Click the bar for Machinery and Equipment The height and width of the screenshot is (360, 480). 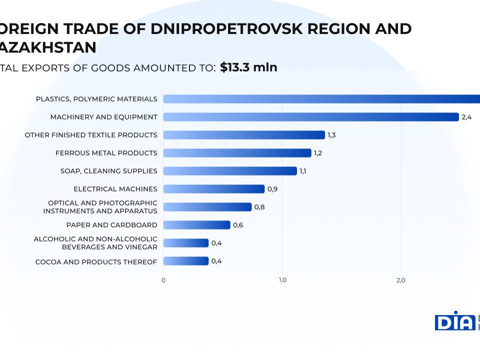coord(310,117)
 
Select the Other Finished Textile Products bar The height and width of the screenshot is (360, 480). coord(244,135)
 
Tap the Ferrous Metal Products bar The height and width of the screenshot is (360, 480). coord(237,153)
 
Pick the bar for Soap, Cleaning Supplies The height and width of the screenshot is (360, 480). coord(230,171)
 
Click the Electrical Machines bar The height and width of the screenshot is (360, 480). coord(213,189)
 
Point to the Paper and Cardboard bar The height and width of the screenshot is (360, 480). coord(196,225)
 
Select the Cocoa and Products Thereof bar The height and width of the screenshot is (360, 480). coord(185,261)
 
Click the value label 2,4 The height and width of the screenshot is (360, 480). coord(466,117)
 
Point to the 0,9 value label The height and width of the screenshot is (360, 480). coord(272,189)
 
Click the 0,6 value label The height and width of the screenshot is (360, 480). coord(238,225)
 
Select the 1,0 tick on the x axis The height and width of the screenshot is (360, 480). coord(282,280)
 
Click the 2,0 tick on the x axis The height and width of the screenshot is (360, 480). coord(400,280)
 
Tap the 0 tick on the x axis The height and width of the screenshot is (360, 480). coord(163,280)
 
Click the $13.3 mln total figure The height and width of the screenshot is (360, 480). coord(248,67)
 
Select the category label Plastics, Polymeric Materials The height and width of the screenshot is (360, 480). coord(96,99)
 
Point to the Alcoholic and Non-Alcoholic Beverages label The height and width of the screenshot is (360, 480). coord(95,243)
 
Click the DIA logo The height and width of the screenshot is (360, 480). coord(454,320)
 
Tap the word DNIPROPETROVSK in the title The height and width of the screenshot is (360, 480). coord(226,28)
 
